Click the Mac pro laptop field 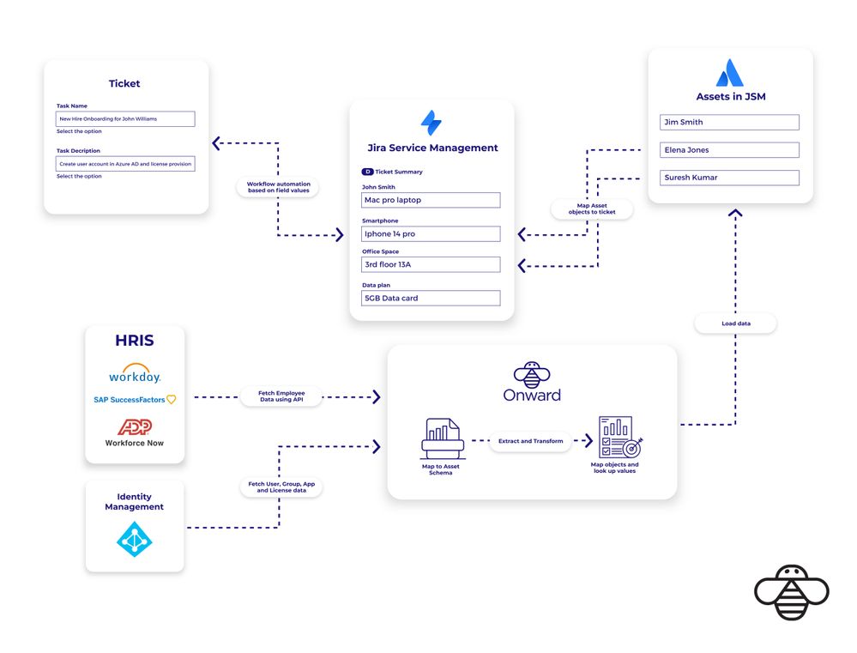pyautogui.click(x=431, y=200)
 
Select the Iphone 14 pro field pyautogui.click(x=431, y=233)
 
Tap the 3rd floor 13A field pyautogui.click(x=431, y=264)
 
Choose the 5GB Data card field pyautogui.click(x=431, y=298)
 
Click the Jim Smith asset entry pyautogui.click(x=729, y=123)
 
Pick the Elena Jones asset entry pyautogui.click(x=729, y=150)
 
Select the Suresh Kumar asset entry pyautogui.click(x=729, y=178)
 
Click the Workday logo pyautogui.click(x=135, y=376)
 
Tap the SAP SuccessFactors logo pyautogui.click(x=135, y=399)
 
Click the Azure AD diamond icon pyautogui.click(x=134, y=539)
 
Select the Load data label pyautogui.click(x=735, y=323)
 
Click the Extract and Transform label pyautogui.click(x=531, y=441)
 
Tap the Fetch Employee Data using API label pyautogui.click(x=281, y=396)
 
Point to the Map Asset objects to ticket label pyautogui.click(x=591, y=209)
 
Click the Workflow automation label pyautogui.click(x=278, y=188)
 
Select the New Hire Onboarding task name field pyautogui.click(x=125, y=119)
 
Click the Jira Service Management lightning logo pyautogui.click(x=432, y=123)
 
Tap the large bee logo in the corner pyautogui.click(x=791, y=592)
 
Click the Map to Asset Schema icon pyautogui.click(x=442, y=439)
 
